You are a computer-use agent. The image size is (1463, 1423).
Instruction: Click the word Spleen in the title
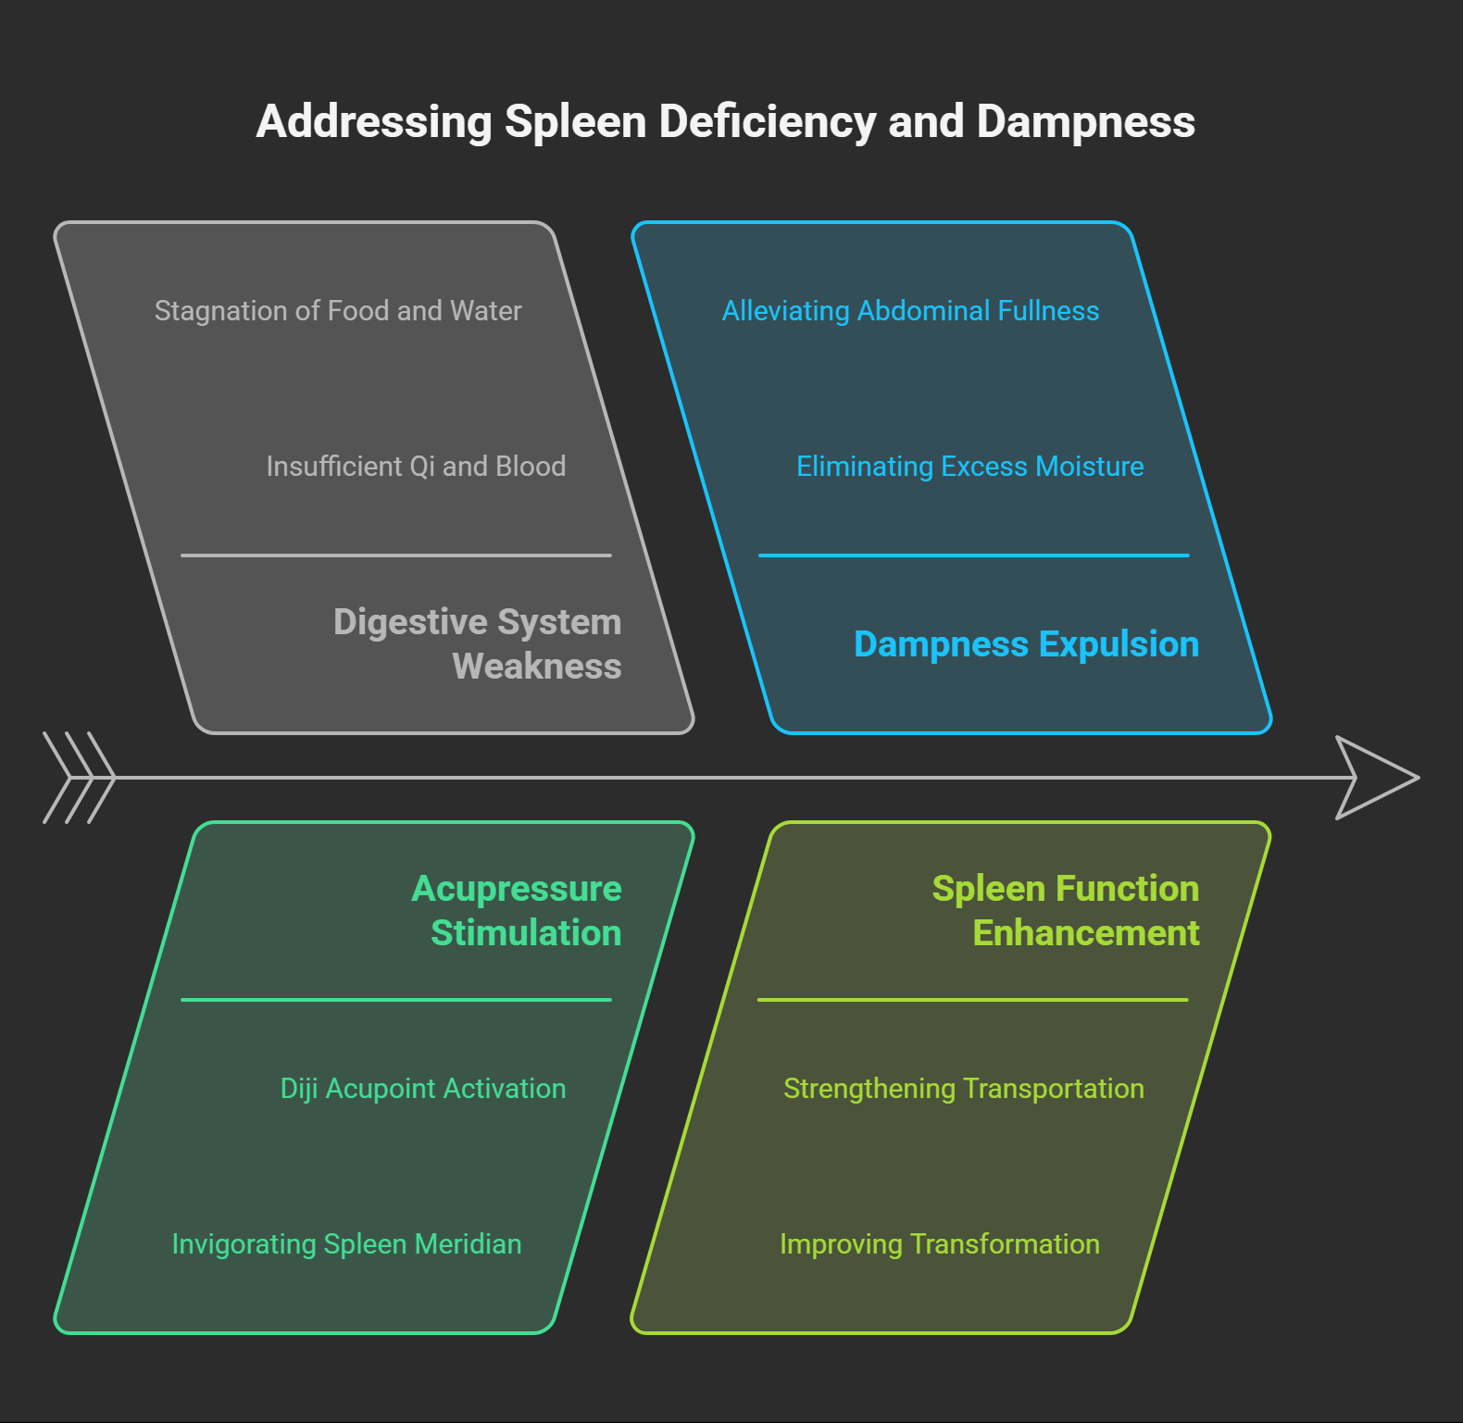574,122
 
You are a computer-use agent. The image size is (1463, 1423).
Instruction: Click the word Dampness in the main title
1085,122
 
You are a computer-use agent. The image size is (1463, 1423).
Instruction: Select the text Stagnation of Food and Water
338,311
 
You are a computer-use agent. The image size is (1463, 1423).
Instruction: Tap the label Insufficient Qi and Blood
416,467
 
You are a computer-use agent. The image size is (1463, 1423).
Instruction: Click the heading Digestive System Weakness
477,643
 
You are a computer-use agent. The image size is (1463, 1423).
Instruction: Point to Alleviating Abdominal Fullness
910,311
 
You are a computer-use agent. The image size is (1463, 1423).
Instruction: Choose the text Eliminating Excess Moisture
969,467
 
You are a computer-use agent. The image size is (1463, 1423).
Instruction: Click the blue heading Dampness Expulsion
1026,644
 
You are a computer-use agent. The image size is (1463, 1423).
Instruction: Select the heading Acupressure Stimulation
517,910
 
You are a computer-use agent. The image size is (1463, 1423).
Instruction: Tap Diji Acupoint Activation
423,1089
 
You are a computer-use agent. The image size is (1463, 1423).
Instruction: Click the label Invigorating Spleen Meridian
346,1244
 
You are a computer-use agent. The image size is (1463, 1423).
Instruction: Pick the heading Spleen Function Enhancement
1066,910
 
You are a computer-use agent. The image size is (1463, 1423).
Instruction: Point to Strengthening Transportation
963,1089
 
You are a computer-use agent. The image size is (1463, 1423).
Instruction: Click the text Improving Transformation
939,1244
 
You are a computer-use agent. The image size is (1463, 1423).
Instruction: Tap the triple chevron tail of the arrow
79,778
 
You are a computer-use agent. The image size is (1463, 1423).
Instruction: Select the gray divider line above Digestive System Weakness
396,555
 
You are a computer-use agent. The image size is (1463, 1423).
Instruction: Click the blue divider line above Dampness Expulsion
973,555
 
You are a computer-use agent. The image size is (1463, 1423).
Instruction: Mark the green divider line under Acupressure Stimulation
396,1000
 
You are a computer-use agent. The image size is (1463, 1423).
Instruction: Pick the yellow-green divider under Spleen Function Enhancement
972,1000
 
